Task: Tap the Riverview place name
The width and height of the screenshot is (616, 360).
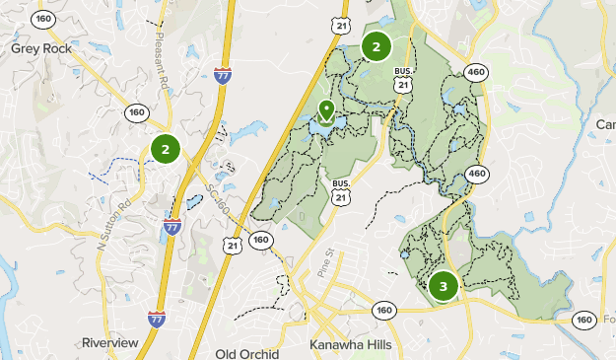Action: pyautogui.click(x=111, y=342)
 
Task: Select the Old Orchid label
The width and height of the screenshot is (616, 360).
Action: pyautogui.click(x=247, y=353)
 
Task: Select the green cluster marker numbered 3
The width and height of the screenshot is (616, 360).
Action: pyautogui.click(x=444, y=287)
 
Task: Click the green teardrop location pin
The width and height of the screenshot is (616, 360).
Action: pyautogui.click(x=326, y=110)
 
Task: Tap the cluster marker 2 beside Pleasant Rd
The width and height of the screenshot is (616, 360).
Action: pyautogui.click(x=166, y=150)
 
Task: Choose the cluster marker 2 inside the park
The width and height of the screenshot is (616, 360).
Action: pyautogui.click(x=376, y=45)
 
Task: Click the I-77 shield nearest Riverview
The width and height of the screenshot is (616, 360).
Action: pyautogui.click(x=156, y=319)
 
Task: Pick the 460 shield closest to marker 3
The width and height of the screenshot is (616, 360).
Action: pyautogui.click(x=478, y=174)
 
